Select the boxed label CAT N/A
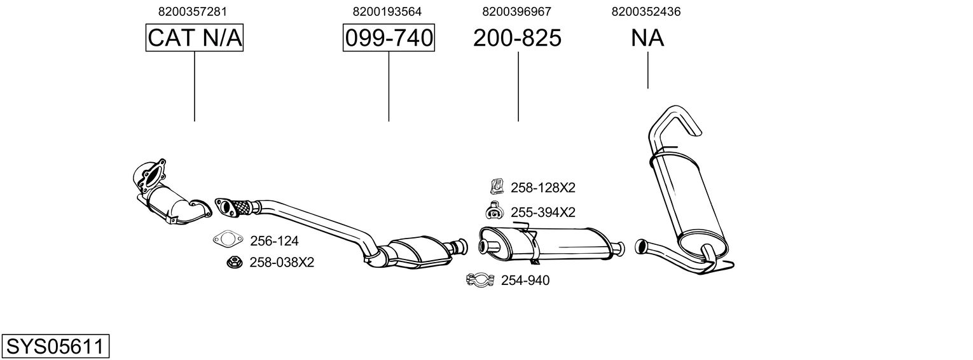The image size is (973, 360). coord(195,38)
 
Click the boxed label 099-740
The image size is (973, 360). coord(389,38)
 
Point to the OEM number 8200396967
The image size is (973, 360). coord(516,11)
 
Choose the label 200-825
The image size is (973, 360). coord(517,38)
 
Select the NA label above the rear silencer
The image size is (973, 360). coord(647,38)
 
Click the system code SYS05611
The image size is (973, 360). coord(55,347)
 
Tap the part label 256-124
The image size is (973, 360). coord(274,241)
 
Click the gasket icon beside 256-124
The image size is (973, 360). coord(228,240)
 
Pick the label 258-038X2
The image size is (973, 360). coord(282,262)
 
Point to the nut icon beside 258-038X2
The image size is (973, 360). coord(233,261)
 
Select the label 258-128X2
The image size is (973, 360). coord(542,188)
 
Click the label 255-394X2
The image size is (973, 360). coord(542,212)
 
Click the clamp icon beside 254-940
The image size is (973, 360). coord(481,280)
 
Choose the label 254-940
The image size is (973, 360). coord(525,280)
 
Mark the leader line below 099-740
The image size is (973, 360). coord(389,86)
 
